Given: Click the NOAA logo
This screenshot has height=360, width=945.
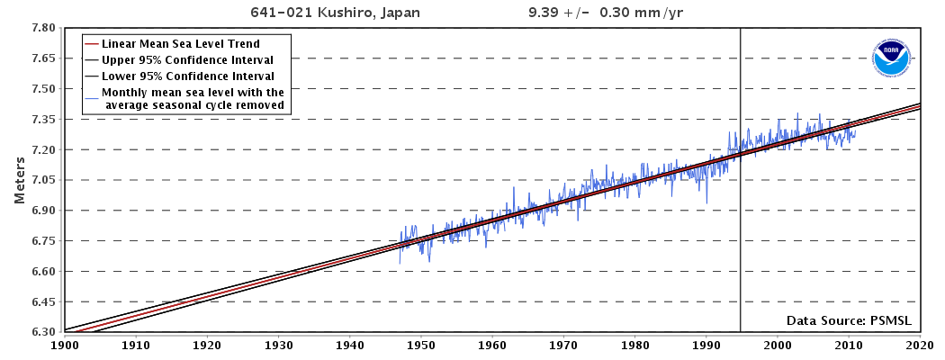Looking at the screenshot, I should [890, 58].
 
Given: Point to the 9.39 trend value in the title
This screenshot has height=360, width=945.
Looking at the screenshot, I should [544, 13].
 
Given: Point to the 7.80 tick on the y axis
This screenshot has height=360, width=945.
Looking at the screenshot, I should [44, 28].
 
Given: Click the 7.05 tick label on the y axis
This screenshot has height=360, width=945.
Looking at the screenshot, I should [44, 180].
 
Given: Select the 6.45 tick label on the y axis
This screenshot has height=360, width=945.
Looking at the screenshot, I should [44, 301].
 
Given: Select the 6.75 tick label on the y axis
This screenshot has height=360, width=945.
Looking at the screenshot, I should [44, 241].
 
